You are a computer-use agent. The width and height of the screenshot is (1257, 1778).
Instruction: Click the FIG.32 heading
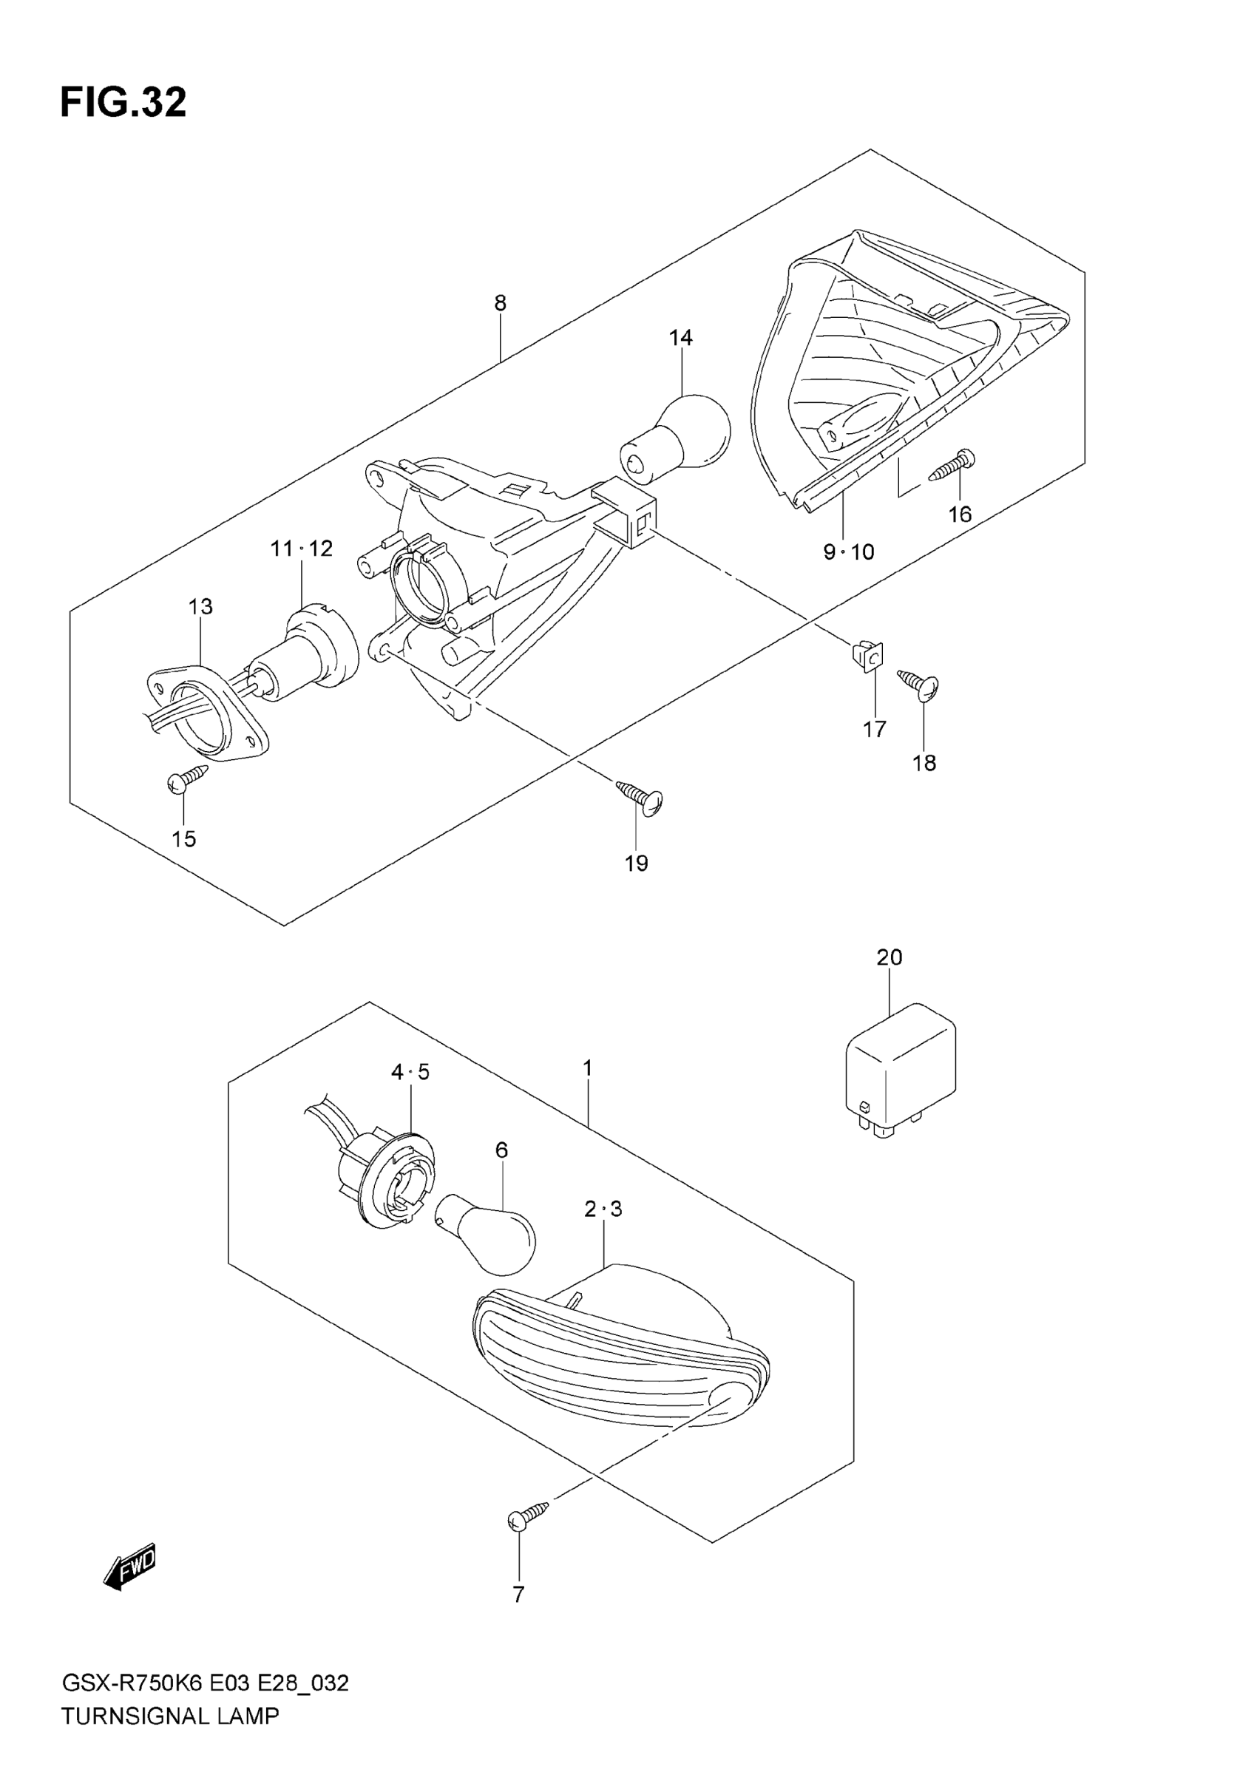(x=124, y=103)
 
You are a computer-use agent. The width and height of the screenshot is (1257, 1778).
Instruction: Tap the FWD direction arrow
(x=130, y=1568)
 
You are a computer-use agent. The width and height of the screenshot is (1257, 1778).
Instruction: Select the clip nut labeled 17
(x=869, y=656)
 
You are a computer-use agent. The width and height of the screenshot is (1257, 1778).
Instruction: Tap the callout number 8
(x=501, y=303)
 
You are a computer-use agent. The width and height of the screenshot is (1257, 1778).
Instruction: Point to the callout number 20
(x=889, y=958)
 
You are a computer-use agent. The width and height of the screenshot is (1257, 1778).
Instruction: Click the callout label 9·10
(x=848, y=552)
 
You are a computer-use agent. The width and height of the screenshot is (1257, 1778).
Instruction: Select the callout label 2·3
(x=603, y=1209)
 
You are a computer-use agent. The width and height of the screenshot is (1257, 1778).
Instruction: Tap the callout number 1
(x=588, y=1068)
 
